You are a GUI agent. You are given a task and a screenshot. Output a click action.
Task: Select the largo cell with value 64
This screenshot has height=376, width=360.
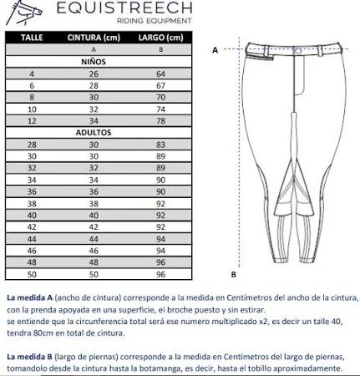[161, 74]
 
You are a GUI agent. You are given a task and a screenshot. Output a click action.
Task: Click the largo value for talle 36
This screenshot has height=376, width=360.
[161, 191]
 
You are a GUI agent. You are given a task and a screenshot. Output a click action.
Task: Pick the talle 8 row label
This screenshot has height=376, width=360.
[32, 97]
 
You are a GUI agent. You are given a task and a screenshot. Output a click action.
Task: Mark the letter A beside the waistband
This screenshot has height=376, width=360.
[215, 50]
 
